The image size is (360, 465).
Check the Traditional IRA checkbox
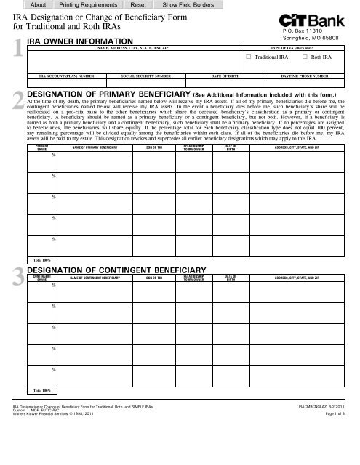[248, 56]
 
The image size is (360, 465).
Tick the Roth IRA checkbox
[305, 56]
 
